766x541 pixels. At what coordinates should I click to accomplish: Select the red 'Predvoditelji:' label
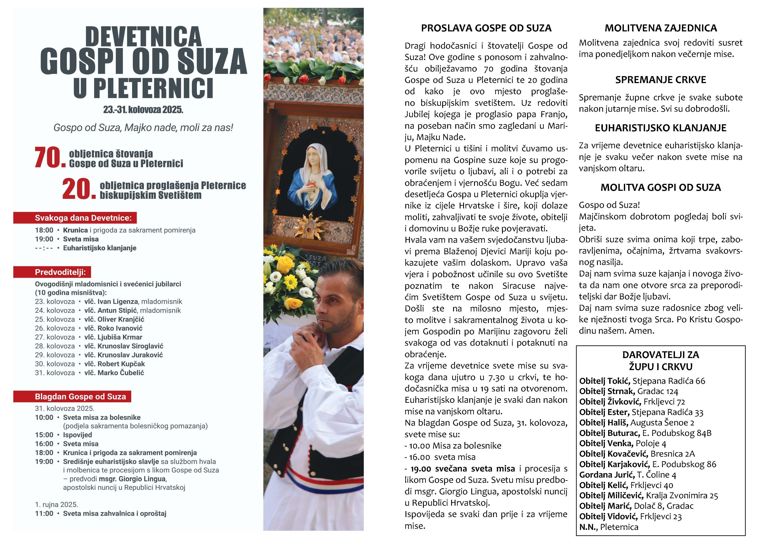coord(52,272)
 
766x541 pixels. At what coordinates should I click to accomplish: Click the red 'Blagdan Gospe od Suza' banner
coord(72,396)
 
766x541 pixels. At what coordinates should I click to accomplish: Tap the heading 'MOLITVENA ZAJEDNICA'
coord(661,28)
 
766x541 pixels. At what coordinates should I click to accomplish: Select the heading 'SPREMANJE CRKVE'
coord(661,80)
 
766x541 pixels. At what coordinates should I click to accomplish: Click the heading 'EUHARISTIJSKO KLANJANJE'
coord(661,128)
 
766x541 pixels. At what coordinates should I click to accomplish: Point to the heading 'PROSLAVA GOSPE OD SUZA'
coord(486,28)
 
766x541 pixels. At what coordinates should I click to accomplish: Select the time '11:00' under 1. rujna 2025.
coord(44,513)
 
